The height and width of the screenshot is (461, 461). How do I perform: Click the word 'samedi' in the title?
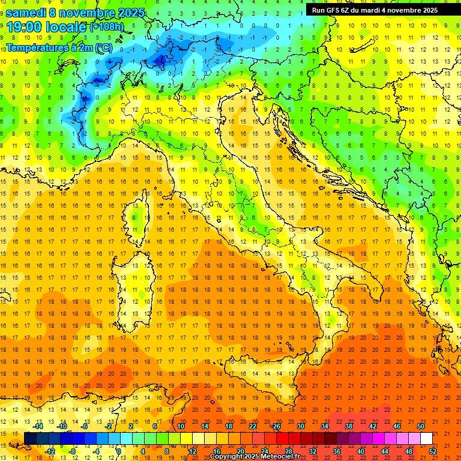(x=27, y=13)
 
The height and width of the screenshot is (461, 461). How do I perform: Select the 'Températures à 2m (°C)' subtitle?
(x=59, y=47)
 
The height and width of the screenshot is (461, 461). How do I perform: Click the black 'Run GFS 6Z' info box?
(x=375, y=10)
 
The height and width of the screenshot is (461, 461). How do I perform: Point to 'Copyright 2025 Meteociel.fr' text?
(x=255, y=457)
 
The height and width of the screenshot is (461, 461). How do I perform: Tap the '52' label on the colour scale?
(x=433, y=451)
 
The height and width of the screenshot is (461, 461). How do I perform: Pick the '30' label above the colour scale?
(x=300, y=426)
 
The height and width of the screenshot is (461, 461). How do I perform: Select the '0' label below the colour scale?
(x=118, y=451)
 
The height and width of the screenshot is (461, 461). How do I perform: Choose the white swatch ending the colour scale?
(x=426, y=439)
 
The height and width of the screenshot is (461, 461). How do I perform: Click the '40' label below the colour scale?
(x=361, y=451)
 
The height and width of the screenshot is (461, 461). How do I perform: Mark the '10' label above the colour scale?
(x=180, y=426)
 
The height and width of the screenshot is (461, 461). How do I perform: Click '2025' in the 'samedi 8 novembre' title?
(x=131, y=13)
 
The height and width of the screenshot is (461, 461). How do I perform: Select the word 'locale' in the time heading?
(x=66, y=27)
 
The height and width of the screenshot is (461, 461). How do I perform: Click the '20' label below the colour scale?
(x=240, y=451)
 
